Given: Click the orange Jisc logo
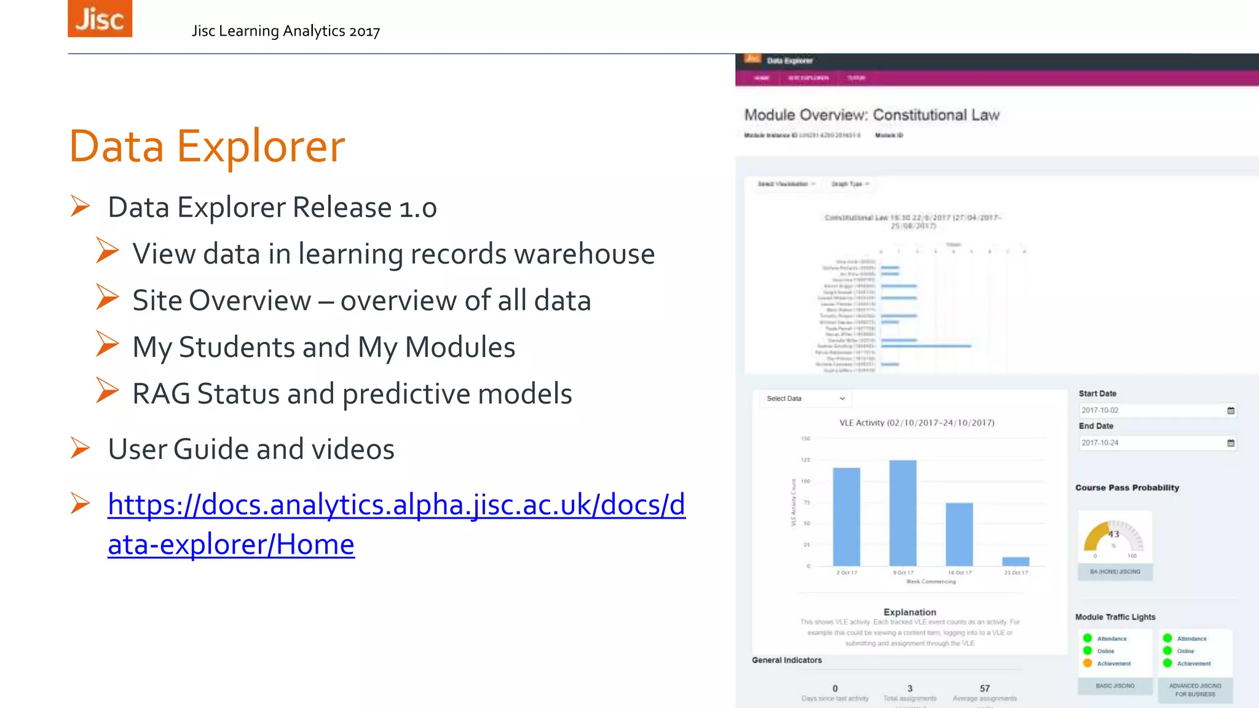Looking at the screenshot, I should pos(100,18).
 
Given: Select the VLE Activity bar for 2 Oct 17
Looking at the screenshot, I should pos(846,516).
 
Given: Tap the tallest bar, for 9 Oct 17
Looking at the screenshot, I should pos(902,513).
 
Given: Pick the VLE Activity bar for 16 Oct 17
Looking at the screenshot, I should pos(959,534).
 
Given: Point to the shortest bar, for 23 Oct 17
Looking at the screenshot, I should pos(1016,561).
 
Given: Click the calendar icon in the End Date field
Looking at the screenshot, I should pos(1231,442).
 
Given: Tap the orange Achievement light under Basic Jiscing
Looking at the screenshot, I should pos(1087,663).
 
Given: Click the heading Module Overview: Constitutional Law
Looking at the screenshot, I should pos(872,115).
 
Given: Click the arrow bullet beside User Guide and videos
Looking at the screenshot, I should pos(80,448).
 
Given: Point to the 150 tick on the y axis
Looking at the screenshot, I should pos(805,439).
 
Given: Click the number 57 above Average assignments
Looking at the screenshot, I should pos(985,688).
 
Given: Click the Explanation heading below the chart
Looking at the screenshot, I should pos(910,612).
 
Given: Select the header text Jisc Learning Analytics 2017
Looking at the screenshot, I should pos(286,31).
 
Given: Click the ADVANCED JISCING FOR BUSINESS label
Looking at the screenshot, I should pos(1195,690).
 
